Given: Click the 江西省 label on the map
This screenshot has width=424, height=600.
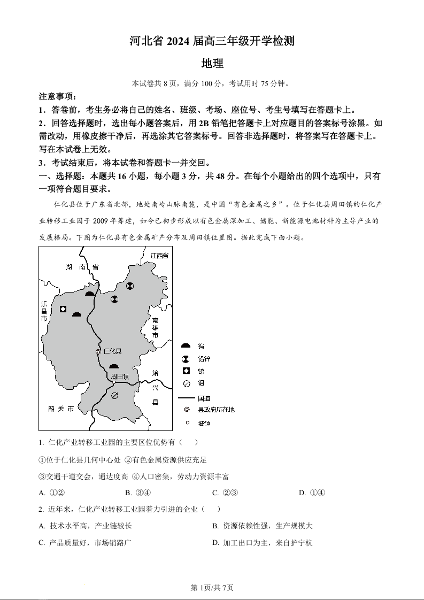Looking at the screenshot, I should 159,256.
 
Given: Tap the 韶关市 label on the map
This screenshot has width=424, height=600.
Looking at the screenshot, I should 60,409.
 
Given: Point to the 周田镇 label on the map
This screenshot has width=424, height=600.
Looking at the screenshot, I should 120,376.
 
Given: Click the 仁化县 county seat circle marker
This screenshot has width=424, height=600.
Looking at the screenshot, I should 98,351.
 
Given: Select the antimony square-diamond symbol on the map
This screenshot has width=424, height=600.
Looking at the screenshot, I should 63,309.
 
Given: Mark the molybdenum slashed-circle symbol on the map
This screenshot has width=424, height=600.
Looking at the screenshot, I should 114,396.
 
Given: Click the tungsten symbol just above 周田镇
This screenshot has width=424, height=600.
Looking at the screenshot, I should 113,366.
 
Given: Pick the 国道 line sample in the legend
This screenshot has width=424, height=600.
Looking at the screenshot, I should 187,398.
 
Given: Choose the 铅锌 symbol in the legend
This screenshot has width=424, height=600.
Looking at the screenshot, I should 186,359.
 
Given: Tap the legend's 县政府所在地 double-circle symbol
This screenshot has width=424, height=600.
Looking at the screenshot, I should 187,410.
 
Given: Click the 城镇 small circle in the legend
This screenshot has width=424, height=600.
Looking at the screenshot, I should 187,423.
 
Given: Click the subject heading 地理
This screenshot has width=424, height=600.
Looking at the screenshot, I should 212,63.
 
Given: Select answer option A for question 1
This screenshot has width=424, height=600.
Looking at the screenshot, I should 52,493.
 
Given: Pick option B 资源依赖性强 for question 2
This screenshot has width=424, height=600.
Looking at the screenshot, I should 263,526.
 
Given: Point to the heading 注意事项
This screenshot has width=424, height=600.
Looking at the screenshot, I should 58,97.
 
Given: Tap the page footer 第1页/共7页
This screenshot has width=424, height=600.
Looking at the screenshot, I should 212,588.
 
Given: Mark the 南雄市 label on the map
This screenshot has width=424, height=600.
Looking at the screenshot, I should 156,327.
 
